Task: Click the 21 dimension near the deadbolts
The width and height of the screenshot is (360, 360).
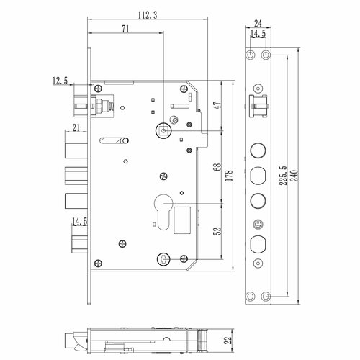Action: point(76,128)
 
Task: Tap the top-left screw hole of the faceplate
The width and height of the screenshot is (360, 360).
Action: point(251,55)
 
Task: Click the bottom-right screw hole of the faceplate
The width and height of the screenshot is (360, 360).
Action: point(266,296)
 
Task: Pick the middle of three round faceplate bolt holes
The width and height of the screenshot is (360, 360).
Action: point(258,175)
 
